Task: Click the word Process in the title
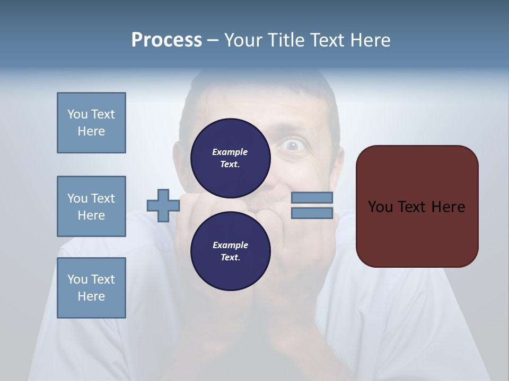[166, 40]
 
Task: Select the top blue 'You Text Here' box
[91, 123]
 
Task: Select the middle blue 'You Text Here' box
[91, 206]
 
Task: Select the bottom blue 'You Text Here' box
[91, 288]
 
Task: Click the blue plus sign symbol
[163, 205]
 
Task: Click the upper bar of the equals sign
[312, 197]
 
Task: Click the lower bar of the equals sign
[312, 213]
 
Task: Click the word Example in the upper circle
[230, 152]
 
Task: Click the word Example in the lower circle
[230, 245]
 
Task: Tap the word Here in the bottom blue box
[91, 296]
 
